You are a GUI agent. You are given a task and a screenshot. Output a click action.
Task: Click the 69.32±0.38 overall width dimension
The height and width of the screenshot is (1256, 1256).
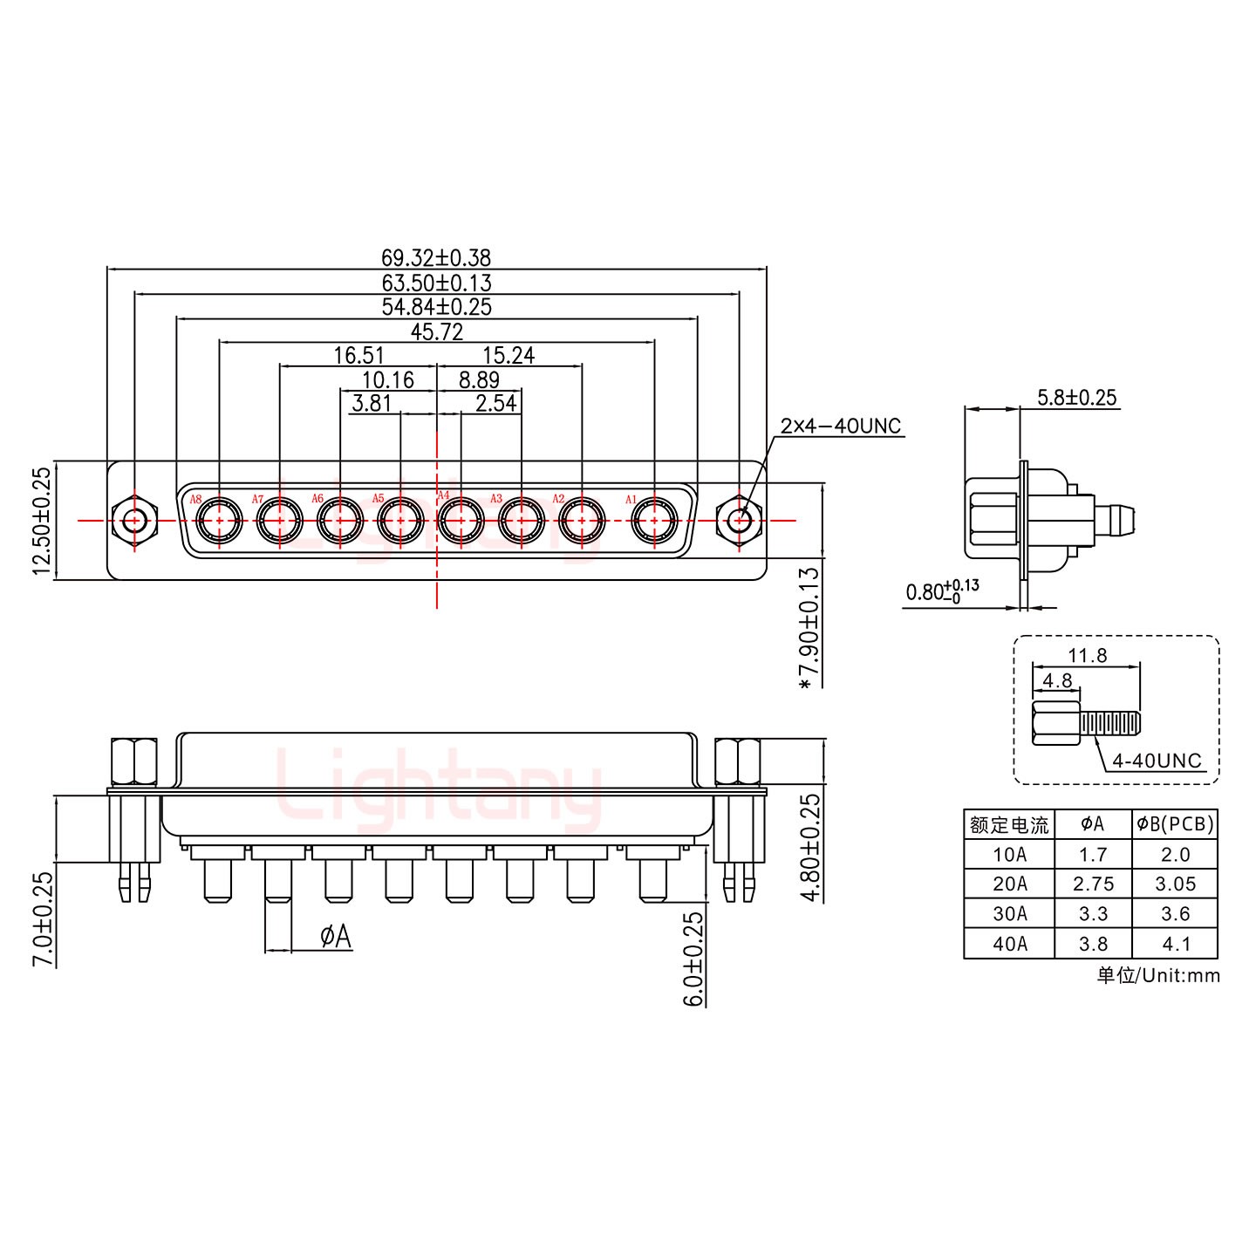click(x=435, y=257)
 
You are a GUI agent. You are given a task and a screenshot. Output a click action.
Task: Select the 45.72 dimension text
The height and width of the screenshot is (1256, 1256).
click(x=436, y=331)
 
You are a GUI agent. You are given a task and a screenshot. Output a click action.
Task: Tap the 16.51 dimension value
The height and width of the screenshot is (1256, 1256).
click(x=358, y=355)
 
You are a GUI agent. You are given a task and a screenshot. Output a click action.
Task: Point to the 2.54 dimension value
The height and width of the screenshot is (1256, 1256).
click(x=495, y=403)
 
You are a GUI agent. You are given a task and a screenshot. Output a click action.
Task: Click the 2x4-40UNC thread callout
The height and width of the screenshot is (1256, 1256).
click(x=840, y=427)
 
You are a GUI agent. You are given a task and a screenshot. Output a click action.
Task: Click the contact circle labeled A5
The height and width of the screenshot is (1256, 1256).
click(x=400, y=521)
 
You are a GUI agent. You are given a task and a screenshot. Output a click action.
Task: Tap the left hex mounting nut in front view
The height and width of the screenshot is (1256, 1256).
click(x=134, y=522)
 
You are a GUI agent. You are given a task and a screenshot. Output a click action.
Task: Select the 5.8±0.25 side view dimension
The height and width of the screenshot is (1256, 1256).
click(x=1075, y=398)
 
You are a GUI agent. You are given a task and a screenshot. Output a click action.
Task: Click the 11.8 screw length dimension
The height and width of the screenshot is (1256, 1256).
click(x=1087, y=655)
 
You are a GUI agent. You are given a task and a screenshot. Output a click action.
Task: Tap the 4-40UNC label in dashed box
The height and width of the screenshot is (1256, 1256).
click(x=1157, y=761)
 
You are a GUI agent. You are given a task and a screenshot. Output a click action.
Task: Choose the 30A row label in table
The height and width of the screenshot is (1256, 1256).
click(x=1009, y=913)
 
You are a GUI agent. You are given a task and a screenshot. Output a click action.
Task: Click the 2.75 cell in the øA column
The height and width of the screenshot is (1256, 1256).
click(x=1093, y=884)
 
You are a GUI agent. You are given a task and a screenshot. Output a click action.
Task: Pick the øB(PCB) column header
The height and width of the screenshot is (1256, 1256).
click(x=1175, y=823)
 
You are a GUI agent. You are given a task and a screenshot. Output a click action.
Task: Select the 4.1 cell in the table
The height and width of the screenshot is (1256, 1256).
click(x=1175, y=943)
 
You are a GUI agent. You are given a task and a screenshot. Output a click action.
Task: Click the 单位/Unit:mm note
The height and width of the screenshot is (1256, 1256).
click(x=1157, y=975)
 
